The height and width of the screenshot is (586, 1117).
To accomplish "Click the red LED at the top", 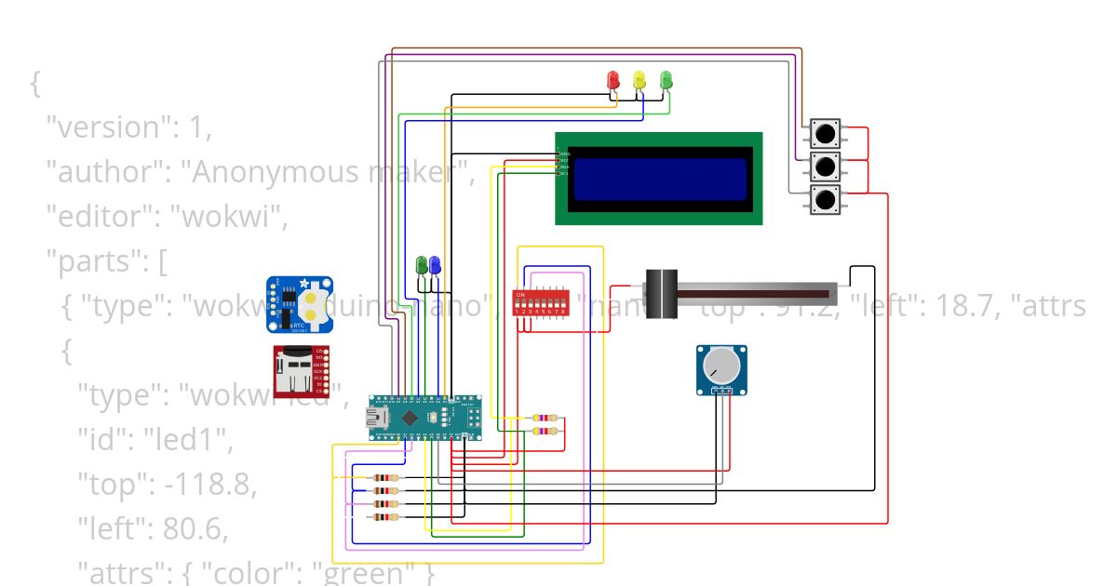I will pos(612,80).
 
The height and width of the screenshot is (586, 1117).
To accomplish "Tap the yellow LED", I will pos(639,80).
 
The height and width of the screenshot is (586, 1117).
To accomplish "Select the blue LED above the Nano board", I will pos(435,265).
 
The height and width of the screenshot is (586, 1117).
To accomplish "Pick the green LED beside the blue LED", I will pos(422,265).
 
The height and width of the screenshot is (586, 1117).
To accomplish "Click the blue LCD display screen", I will pos(660,179).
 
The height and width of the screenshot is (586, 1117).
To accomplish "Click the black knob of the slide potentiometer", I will pos(662,294).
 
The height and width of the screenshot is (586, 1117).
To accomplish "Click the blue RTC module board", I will pos(301,304).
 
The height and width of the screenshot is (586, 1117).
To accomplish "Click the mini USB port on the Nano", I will pos(381,418).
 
